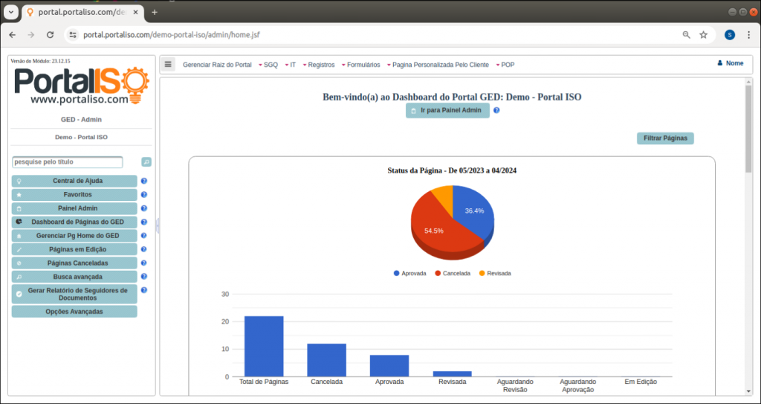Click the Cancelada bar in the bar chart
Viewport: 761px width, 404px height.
[x=326, y=360]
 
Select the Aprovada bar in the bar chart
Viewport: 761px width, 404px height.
[x=389, y=365]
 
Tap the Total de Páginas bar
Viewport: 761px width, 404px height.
[x=264, y=347]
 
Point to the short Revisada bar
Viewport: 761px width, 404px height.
[x=452, y=373]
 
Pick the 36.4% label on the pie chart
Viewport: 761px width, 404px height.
[x=474, y=211]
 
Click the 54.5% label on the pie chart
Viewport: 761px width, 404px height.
[x=434, y=231]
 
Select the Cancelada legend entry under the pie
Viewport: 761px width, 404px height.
[x=453, y=274]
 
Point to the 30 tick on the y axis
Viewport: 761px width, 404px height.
[x=225, y=294]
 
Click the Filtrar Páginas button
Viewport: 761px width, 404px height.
[x=665, y=138]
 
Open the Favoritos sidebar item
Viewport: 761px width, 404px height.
[x=74, y=194]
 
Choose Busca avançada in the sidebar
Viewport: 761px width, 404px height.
[x=74, y=276]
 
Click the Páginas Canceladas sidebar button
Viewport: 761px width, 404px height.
[x=74, y=263]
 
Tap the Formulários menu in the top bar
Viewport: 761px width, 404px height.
[x=363, y=65]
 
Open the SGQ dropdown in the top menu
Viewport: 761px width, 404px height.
[x=270, y=65]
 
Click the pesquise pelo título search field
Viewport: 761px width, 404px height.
[x=68, y=161]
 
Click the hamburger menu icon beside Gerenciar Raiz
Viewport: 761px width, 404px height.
[x=168, y=64]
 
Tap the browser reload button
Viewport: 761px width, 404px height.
[x=51, y=35]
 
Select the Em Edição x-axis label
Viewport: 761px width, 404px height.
[x=641, y=382]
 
